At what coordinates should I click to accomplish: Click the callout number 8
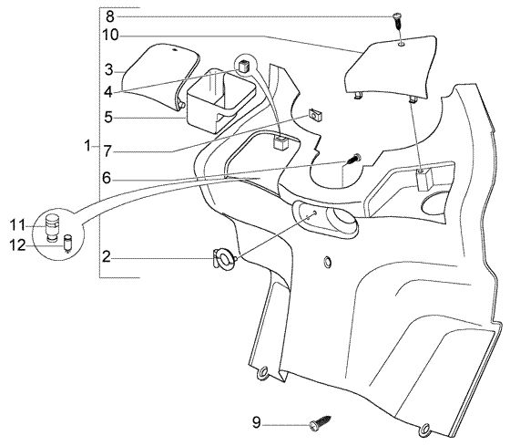[110, 16]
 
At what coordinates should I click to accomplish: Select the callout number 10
[110, 36]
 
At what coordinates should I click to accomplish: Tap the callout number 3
[109, 69]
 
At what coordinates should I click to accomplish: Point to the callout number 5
[108, 92]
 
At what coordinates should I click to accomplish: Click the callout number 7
[108, 117]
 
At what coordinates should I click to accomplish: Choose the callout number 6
[107, 178]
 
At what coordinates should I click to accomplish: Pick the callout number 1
[108, 151]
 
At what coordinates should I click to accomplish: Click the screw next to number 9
[321, 423]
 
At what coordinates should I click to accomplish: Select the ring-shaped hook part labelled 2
[224, 259]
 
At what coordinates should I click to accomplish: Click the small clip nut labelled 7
[315, 115]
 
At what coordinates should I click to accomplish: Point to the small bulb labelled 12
[68, 243]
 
